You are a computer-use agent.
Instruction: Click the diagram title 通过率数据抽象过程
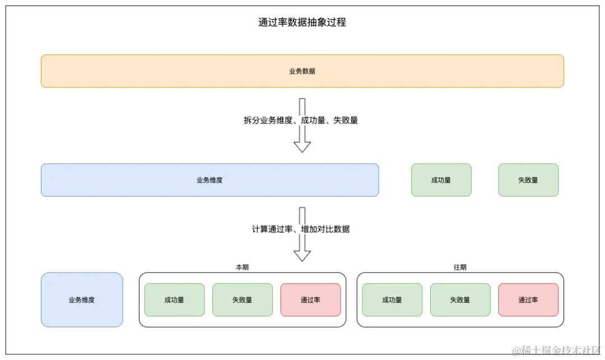click(x=302, y=22)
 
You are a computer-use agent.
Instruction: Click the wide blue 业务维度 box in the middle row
click(x=210, y=180)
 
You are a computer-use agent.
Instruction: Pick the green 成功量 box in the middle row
click(x=441, y=180)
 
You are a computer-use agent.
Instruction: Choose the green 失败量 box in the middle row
click(x=528, y=180)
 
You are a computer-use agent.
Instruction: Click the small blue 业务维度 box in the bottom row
click(x=82, y=300)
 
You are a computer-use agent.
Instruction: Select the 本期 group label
click(x=242, y=268)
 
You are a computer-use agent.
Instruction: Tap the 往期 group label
click(x=460, y=268)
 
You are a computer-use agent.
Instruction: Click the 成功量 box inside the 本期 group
click(x=174, y=300)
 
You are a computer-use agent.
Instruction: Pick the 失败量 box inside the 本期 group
click(x=242, y=300)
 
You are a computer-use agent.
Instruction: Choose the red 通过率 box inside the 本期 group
click(x=310, y=300)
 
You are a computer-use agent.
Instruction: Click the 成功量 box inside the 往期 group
click(x=392, y=300)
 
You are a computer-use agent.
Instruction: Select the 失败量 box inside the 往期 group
click(x=460, y=300)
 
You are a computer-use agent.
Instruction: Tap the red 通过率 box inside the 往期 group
click(x=528, y=300)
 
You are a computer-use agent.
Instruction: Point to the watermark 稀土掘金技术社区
click(x=556, y=350)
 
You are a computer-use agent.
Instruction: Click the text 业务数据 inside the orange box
click(x=302, y=71)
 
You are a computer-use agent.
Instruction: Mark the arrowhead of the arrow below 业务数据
click(x=302, y=147)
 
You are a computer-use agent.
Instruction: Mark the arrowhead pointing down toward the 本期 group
click(x=302, y=256)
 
